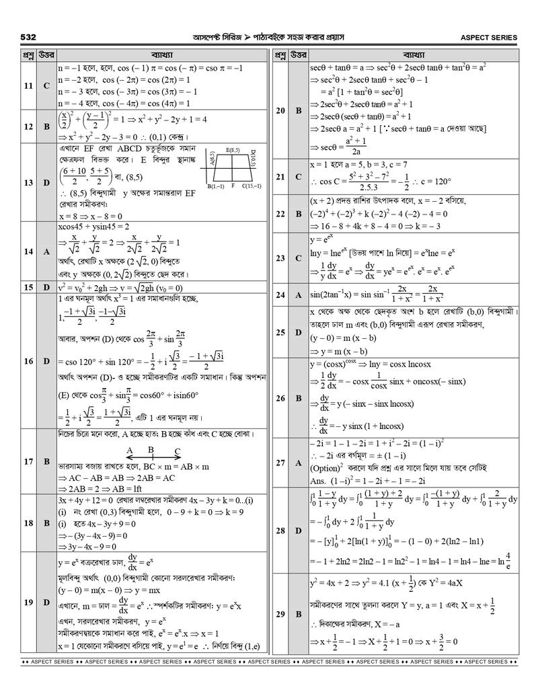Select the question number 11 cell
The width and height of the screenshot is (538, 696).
click(x=28, y=86)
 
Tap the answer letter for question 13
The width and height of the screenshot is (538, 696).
click(x=46, y=182)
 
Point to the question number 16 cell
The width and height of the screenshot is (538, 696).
click(x=28, y=361)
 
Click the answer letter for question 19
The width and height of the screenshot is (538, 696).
click(x=46, y=603)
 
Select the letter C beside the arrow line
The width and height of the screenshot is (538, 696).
click(x=177, y=453)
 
